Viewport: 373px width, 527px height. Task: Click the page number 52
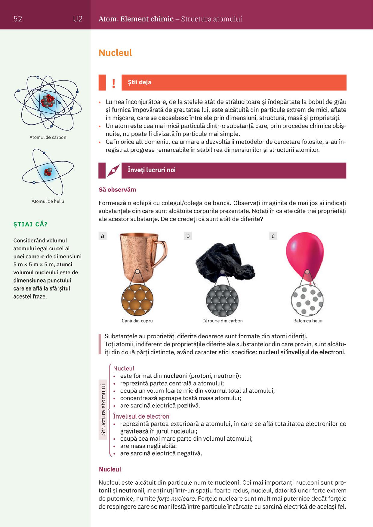click(x=18, y=19)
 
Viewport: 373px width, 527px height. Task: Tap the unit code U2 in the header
click(x=78, y=19)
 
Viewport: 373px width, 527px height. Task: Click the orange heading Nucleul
click(x=115, y=53)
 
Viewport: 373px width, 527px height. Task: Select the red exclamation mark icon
click(x=113, y=83)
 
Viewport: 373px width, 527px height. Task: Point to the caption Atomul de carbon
click(x=48, y=137)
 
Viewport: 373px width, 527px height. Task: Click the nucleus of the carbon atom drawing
click(x=48, y=101)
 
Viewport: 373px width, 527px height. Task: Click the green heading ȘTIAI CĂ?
click(x=30, y=224)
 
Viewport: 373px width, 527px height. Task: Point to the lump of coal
click(x=224, y=258)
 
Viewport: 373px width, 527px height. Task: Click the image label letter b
click(x=188, y=236)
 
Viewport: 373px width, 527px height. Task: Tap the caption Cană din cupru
click(x=137, y=321)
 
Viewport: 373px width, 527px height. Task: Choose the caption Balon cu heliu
click(x=308, y=321)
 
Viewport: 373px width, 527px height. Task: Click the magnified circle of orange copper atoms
click(x=137, y=300)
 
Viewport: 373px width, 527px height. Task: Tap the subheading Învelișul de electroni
click(x=142, y=416)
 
